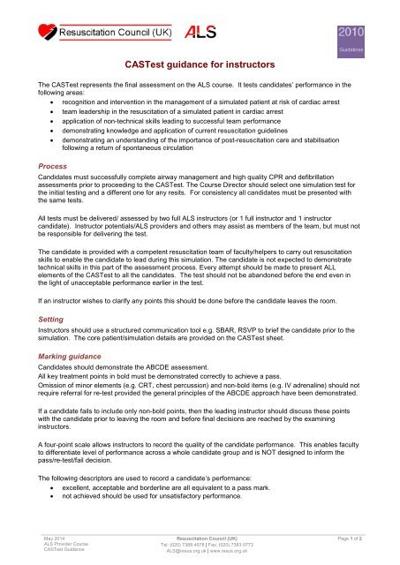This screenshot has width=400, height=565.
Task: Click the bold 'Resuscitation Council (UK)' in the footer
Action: tap(200, 536)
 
